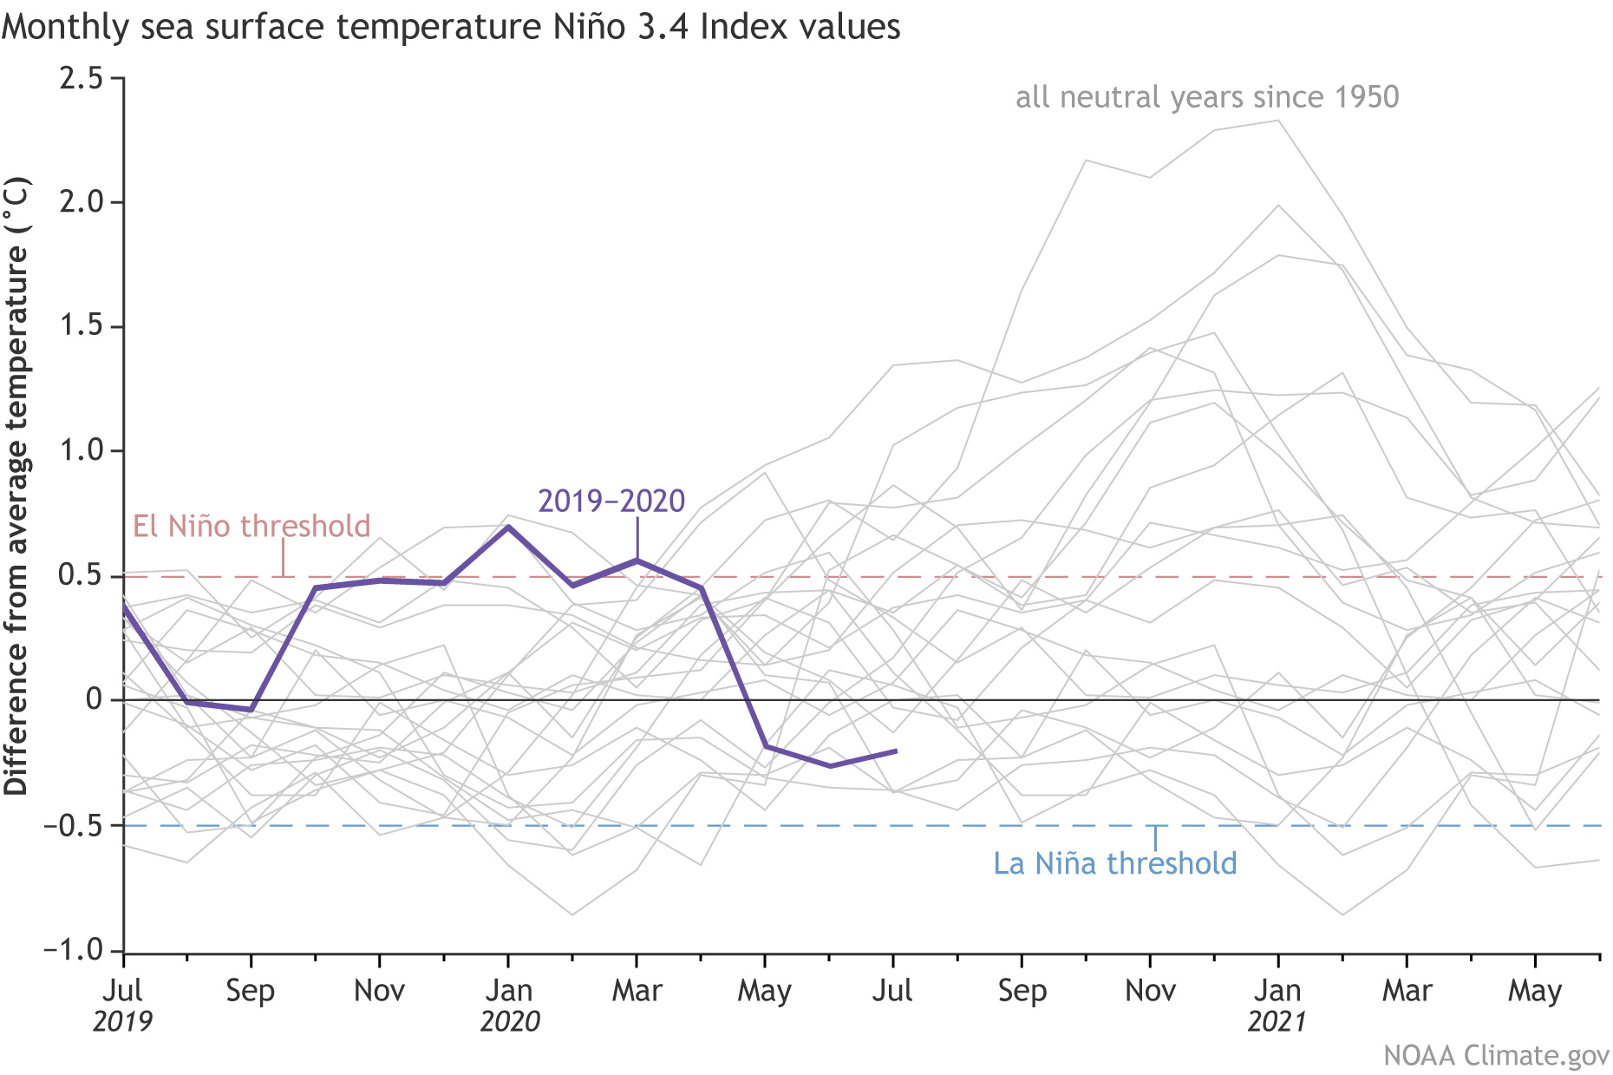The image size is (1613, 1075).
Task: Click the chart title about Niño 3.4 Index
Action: click(x=451, y=28)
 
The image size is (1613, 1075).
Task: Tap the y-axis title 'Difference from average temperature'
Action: click(x=17, y=486)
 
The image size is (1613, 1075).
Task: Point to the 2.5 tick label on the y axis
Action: click(x=81, y=78)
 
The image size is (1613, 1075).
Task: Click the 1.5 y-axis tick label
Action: click(x=81, y=326)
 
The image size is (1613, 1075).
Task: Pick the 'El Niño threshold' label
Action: click(x=251, y=526)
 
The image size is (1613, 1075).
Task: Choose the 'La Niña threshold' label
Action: click(x=1114, y=863)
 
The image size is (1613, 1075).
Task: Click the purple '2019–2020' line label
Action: click(x=611, y=501)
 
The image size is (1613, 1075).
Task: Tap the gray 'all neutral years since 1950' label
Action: click(x=1207, y=97)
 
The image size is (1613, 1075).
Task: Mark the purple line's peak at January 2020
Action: click(x=508, y=526)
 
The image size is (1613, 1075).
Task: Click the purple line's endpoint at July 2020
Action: click(x=895, y=751)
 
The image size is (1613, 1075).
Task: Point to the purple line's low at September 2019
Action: click(x=251, y=710)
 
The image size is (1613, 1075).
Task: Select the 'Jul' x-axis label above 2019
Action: click(x=123, y=990)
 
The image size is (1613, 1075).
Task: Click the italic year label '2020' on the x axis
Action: click(x=510, y=1021)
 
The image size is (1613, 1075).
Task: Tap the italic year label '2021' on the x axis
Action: click(x=1277, y=1021)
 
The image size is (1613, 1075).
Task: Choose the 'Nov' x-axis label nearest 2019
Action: click(x=379, y=990)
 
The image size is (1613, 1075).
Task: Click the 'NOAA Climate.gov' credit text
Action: click(x=1496, y=1055)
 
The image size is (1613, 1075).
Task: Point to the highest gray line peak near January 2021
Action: click(x=1277, y=121)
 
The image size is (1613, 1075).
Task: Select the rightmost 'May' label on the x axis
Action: click(x=1535, y=990)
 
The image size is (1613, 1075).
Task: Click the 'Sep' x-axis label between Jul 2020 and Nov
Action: click(x=1022, y=990)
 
